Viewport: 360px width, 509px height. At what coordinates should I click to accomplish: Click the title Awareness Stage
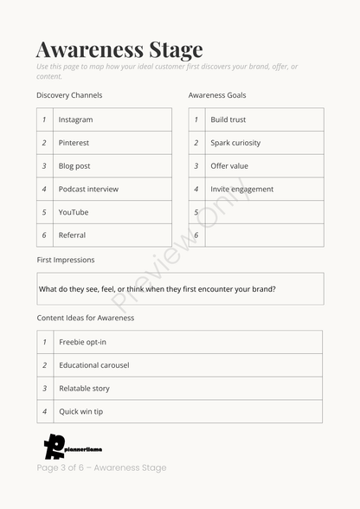point(119,48)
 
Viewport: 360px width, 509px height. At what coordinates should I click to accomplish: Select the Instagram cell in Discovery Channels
point(75,119)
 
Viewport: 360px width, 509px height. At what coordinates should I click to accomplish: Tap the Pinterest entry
point(74,143)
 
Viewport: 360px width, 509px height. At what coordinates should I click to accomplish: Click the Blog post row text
point(74,166)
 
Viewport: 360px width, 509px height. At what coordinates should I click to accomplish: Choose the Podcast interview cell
point(88,189)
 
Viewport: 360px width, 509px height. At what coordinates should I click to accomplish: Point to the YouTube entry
point(74,212)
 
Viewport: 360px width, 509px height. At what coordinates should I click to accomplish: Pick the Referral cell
point(72,235)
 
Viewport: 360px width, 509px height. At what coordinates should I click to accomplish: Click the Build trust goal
point(228,119)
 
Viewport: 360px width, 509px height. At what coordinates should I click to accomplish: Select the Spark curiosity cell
point(235,143)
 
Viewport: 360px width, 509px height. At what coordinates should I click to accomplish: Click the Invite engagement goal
point(241,189)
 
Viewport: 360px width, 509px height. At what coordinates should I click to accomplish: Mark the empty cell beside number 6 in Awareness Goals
point(264,235)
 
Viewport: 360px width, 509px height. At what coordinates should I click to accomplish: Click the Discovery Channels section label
point(69,95)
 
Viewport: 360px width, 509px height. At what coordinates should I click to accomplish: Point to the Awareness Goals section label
point(217,95)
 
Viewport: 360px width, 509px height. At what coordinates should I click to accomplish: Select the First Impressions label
point(66,260)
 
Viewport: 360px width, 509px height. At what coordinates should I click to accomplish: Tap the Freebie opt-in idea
point(83,342)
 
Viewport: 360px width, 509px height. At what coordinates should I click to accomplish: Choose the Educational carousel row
point(94,365)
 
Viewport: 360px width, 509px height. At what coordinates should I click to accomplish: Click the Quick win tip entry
point(80,411)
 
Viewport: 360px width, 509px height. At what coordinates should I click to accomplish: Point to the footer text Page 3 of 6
point(101,467)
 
